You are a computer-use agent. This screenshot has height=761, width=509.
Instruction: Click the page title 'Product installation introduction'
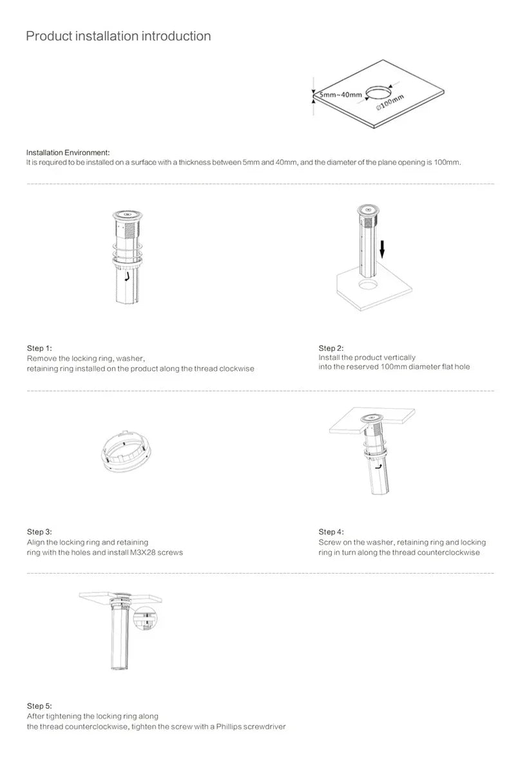(x=118, y=36)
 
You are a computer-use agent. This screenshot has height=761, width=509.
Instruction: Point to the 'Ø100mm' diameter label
(x=389, y=101)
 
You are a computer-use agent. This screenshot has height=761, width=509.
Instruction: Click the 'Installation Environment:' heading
(x=68, y=152)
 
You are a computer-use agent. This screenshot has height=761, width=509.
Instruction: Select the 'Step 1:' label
(x=39, y=348)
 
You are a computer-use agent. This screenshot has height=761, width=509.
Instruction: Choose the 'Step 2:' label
(x=331, y=348)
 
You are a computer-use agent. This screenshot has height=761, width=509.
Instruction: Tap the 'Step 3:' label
(x=39, y=532)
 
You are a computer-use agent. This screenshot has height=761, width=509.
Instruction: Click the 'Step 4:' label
(x=331, y=532)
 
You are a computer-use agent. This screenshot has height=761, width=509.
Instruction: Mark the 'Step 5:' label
(x=39, y=706)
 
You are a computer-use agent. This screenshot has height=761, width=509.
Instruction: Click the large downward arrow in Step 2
(x=381, y=248)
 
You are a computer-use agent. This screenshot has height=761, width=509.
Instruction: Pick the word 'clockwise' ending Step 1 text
(x=236, y=369)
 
